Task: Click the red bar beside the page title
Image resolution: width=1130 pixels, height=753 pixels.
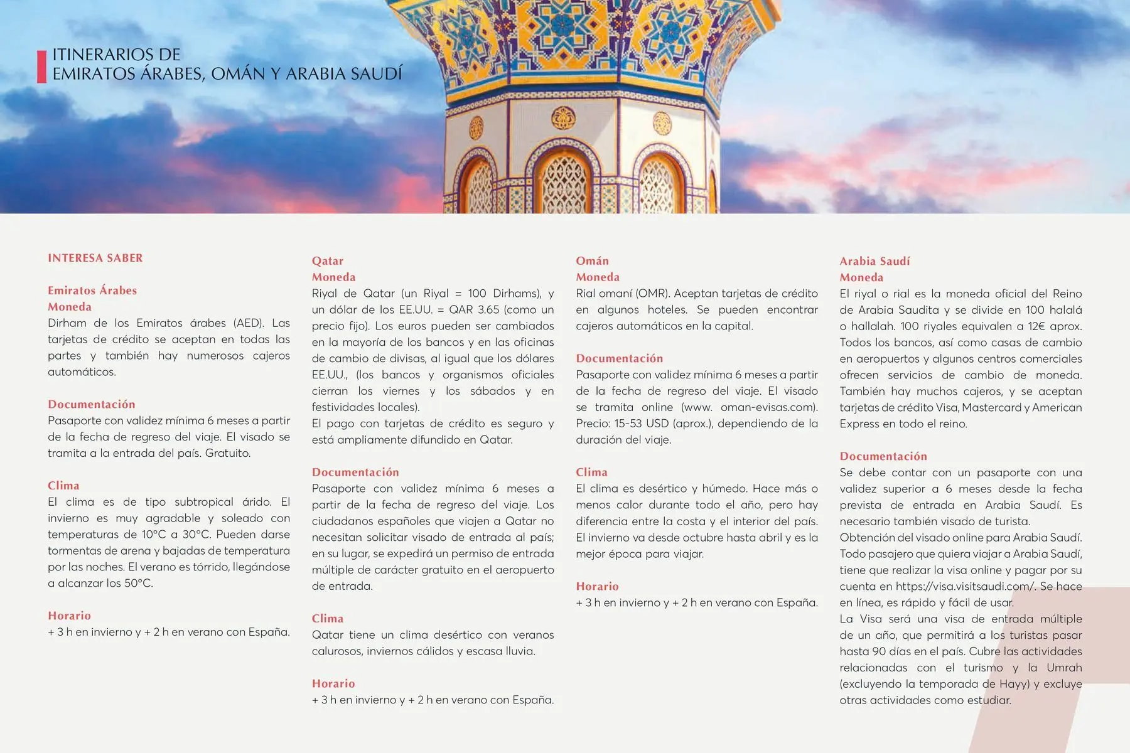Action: click(41, 67)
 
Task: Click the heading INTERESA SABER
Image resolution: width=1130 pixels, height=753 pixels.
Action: click(95, 258)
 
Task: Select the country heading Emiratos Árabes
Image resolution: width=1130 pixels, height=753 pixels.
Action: click(92, 291)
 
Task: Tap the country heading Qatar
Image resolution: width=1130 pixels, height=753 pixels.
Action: click(328, 261)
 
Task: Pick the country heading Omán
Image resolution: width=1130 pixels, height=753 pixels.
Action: click(592, 261)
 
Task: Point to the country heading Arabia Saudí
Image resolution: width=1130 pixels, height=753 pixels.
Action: click(874, 261)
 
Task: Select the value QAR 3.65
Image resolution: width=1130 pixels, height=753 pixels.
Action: click(474, 310)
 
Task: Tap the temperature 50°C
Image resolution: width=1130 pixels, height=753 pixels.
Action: click(137, 584)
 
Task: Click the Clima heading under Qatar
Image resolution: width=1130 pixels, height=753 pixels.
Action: click(328, 619)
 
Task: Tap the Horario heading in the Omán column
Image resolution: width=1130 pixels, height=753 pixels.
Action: click(597, 587)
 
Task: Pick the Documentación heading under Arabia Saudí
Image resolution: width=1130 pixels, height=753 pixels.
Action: click(883, 456)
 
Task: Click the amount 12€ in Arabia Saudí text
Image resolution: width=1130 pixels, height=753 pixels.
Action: click(1038, 326)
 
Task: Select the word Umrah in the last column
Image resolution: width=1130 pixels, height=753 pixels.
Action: click(1064, 668)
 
